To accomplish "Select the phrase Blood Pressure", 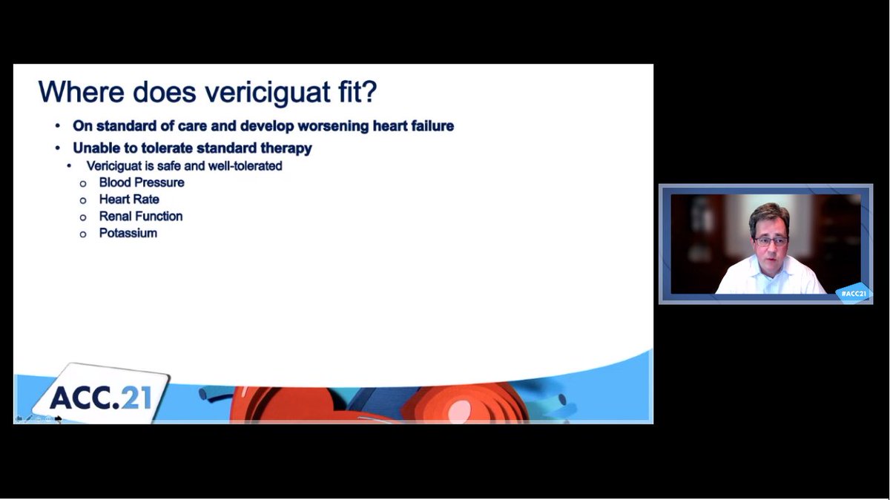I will coord(142,182).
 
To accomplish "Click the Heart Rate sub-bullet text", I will coord(129,200).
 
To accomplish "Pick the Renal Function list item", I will coord(141,217).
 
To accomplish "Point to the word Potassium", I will coord(128,234).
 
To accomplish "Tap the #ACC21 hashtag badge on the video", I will coord(854,293).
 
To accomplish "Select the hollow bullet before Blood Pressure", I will coord(83,183).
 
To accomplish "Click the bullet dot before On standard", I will coord(58,126).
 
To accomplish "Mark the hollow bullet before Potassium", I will coord(83,234).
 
